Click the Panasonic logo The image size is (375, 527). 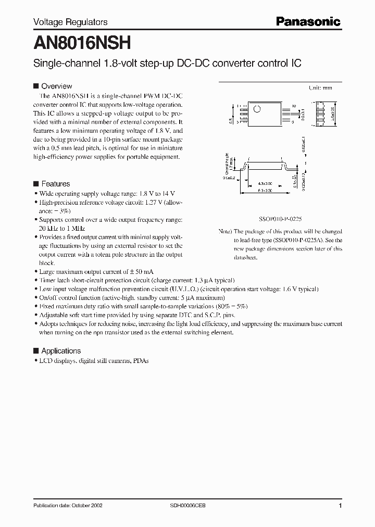click(308, 22)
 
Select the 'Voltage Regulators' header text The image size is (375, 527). click(70, 22)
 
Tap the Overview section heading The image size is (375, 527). click(56, 86)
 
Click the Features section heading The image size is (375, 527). click(55, 184)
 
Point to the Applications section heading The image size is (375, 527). click(61, 351)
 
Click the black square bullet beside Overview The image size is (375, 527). click(36, 86)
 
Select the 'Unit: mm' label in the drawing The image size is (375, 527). click(320, 89)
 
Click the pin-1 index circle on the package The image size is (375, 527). click(256, 109)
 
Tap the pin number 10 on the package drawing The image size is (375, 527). click(294, 106)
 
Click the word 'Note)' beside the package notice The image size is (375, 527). click(225, 231)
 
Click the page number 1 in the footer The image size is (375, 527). click(340, 506)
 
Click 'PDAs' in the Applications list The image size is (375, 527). click(141, 360)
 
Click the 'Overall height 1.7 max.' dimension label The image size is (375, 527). click(227, 165)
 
